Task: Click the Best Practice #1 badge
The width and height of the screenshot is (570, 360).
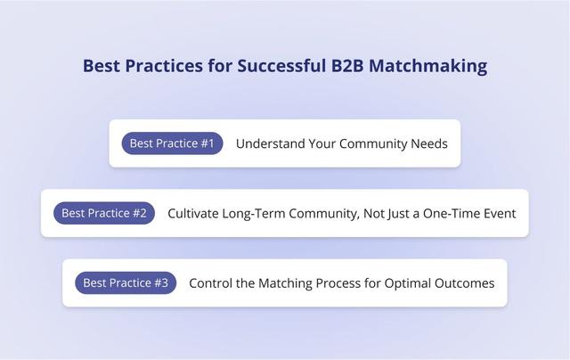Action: coord(172,143)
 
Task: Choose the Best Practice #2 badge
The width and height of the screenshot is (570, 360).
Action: coord(104,213)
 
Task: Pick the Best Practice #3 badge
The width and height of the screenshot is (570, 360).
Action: coord(126,283)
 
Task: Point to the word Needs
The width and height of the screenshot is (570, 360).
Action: coord(429,143)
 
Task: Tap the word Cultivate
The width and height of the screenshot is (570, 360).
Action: coord(195,213)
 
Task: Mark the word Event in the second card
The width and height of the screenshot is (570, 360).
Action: coord(498,213)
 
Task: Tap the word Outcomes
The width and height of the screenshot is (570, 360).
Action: coord(466,283)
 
